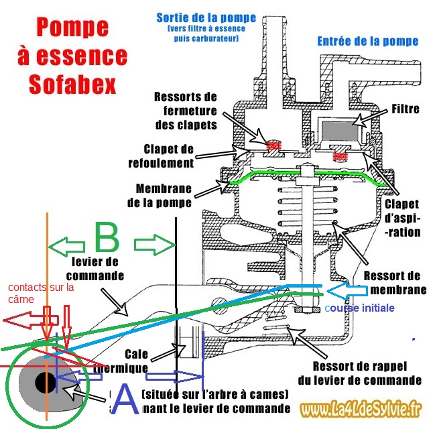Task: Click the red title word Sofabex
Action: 73,85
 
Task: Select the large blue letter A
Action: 125,401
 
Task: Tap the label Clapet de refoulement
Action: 169,156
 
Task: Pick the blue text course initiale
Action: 360,308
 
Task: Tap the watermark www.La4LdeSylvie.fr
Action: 360,408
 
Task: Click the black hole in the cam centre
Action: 46,383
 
